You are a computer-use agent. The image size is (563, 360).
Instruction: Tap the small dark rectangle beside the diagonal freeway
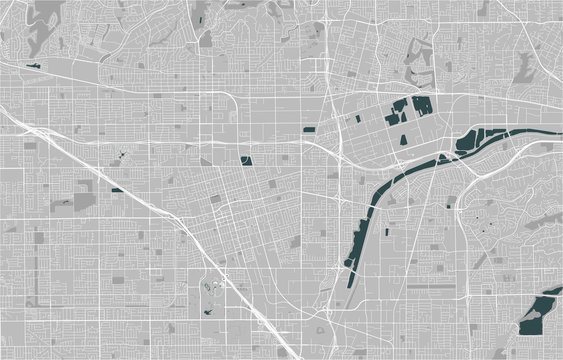click(x=116, y=188)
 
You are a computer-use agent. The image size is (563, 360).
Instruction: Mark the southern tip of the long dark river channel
click(x=349, y=267)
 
